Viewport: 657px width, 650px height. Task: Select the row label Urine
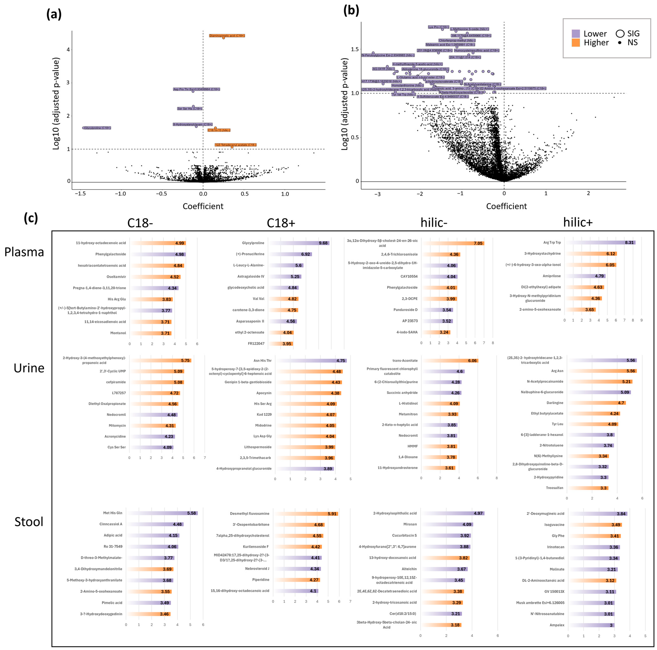point(29,368)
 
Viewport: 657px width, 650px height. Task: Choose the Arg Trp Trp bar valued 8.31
point(601,243)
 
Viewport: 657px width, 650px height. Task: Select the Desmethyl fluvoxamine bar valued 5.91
point(306,514)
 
